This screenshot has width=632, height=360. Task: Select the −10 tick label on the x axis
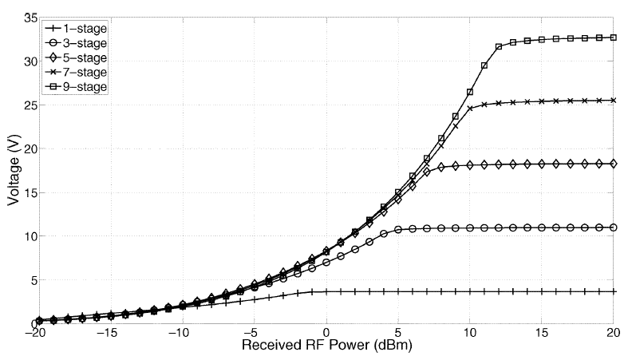tap(181, 334)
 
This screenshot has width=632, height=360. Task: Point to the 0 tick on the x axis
tap(326, 334)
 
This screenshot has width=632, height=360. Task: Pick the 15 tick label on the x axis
tap(542, 334)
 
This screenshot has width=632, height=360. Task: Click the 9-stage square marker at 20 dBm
tap(614, 38)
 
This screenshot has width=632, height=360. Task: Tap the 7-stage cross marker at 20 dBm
tap(614, 101)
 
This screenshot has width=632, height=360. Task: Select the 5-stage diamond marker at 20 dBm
tap(614, 164)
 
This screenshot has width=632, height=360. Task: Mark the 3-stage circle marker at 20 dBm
tap(614, 227)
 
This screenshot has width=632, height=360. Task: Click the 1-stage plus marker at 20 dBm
tap(614, 291)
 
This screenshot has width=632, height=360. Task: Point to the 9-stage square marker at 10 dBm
tap(470, 92)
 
